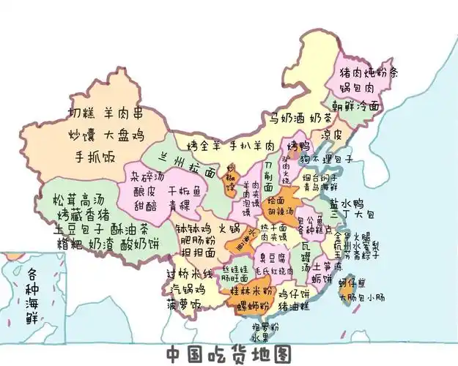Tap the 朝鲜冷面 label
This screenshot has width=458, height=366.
[x=356, y=105]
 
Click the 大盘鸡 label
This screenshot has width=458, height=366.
[x=123, y=135]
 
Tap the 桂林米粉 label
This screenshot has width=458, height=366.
[x=251, y=291]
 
